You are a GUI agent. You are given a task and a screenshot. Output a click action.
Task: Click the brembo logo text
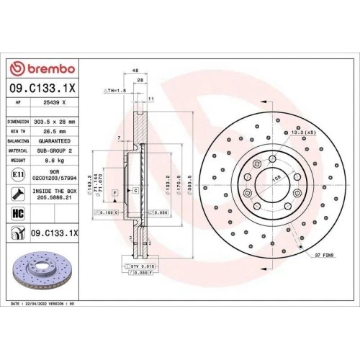50,68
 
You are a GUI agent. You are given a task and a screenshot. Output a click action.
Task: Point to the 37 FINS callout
326,255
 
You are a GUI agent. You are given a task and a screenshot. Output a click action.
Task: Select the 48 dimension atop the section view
135,71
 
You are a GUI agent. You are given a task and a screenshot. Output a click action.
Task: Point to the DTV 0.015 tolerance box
143,266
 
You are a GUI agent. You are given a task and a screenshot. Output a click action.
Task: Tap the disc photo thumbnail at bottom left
36,269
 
